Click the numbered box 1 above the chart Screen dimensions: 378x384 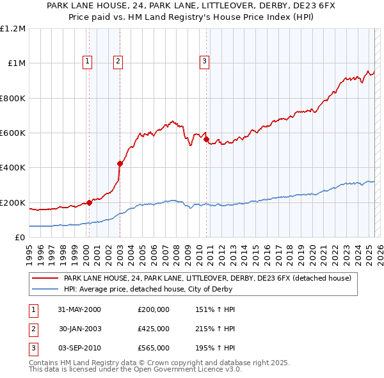87,62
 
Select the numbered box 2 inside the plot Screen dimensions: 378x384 118,62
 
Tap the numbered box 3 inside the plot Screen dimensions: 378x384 204,62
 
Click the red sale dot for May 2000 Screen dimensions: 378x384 89,202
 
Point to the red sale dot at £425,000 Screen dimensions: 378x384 120,163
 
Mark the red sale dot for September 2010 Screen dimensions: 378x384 207,139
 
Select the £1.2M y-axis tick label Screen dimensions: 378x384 13,29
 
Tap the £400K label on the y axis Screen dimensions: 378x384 13,168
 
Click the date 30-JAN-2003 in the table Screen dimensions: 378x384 80,329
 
